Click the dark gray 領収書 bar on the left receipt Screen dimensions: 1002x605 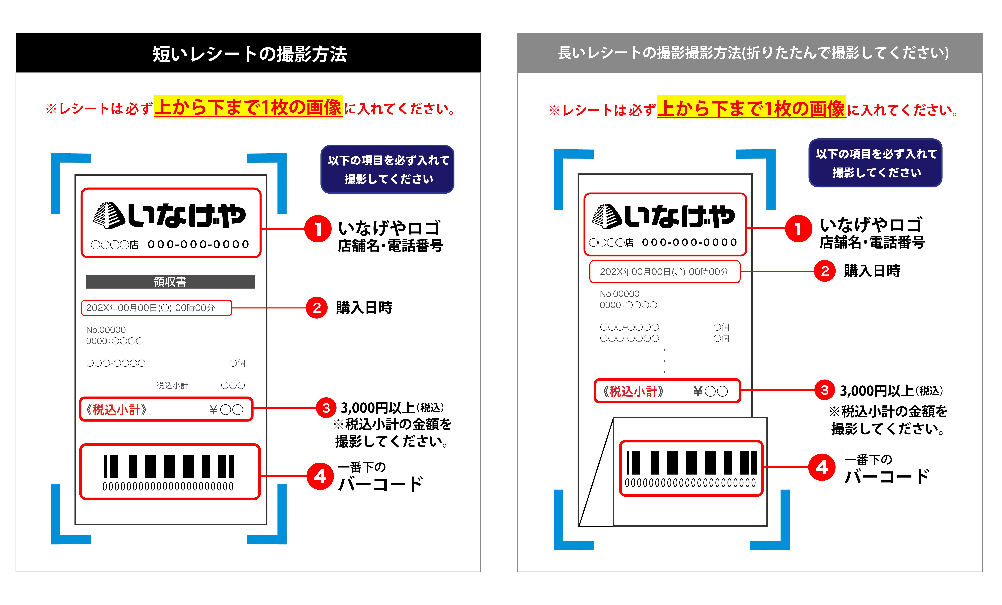click(170, 282)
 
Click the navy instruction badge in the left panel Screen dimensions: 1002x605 click(388, 169)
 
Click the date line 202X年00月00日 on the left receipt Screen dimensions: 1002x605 click(150, 308)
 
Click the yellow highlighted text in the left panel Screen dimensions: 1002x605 click(248, 107)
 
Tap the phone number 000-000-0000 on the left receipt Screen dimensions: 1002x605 click(198, 244)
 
